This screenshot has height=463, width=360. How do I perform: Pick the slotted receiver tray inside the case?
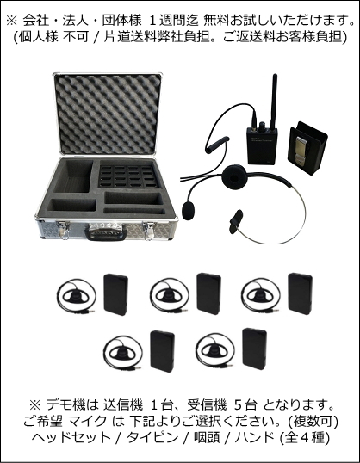click(125, 176)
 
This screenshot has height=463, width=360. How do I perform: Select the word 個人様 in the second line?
click(40, 37)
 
